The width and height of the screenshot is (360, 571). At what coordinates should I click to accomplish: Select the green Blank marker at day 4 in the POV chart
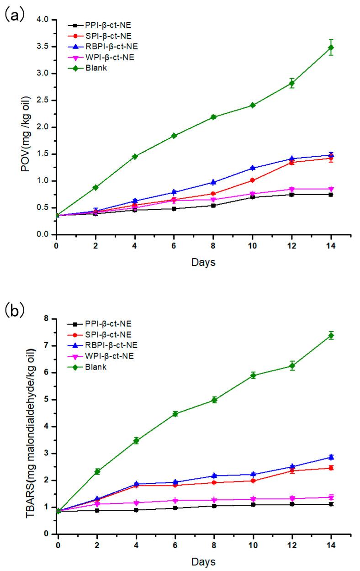click(x=135, y=157)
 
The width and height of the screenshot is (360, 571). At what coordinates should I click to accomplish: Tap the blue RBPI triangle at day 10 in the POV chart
click(x=253, y=168)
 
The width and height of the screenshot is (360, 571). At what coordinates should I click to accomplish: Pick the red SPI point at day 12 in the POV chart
click(x=291, y=162)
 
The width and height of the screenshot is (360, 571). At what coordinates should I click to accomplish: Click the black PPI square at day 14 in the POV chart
click(x=331, y=195)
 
